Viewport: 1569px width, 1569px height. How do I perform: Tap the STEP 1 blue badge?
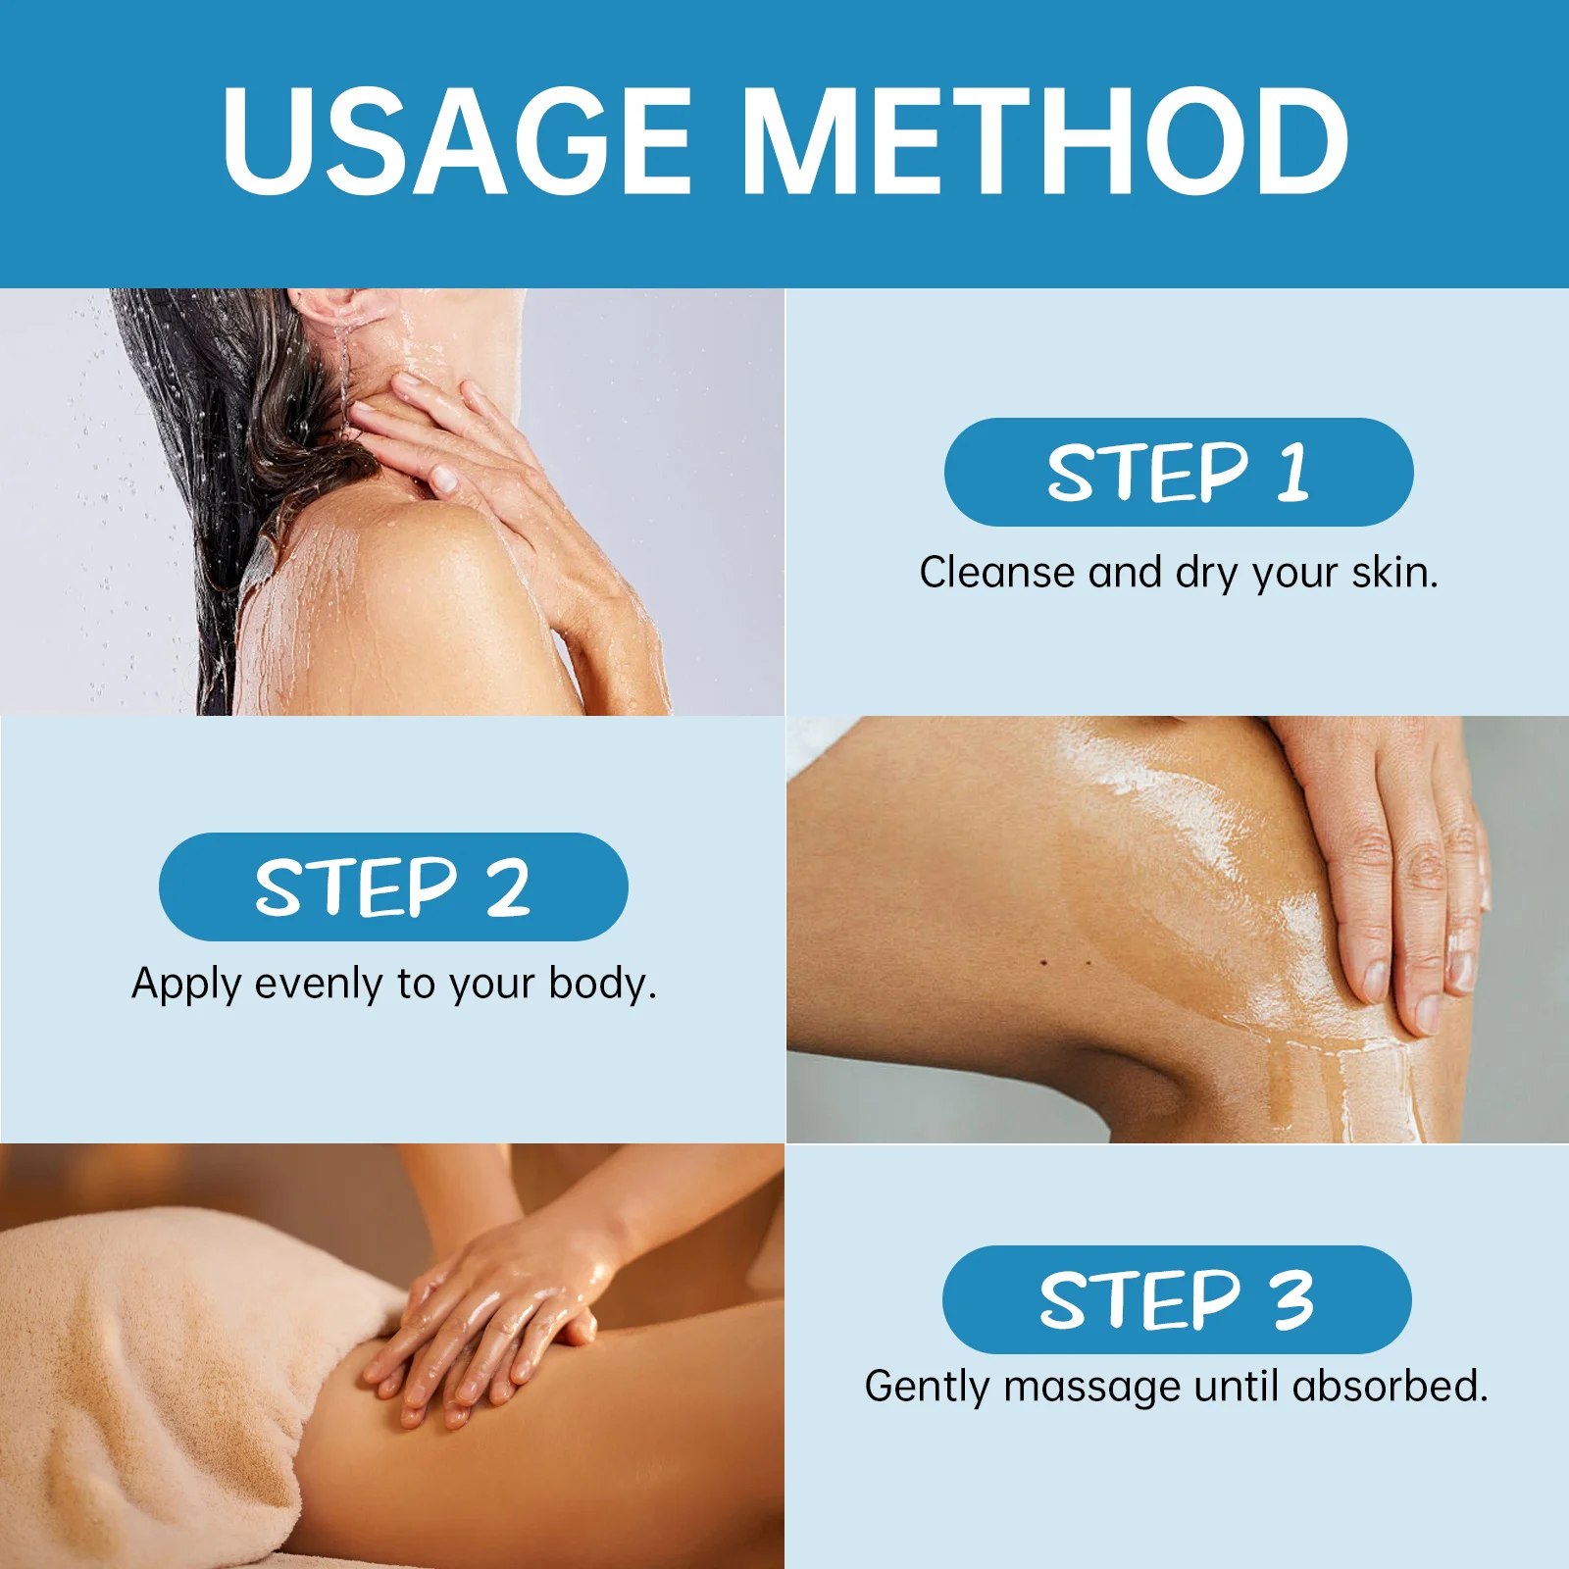(x=1178, y=473)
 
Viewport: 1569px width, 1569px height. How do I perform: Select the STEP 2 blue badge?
(x=392, y=886)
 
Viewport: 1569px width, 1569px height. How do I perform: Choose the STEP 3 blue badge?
(x=1176, y=1299)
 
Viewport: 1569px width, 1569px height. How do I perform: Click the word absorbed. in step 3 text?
(x=1390, y=1387)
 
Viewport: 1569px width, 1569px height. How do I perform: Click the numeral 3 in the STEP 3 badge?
(x=1292, y=1299)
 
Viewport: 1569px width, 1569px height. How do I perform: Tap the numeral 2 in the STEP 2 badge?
(x=508, y=886)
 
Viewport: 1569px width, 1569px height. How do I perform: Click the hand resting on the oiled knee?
(x=1392, y=863)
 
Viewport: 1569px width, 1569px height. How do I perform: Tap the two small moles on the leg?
(x=1066, y=963)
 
